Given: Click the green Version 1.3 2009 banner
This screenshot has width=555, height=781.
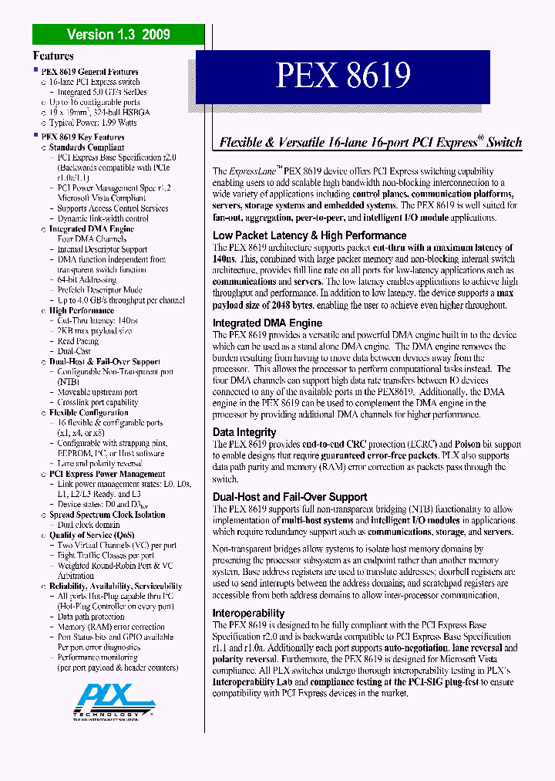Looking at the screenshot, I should [x=118, y=34].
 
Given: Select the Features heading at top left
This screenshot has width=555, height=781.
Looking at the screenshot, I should [x=53, y=56].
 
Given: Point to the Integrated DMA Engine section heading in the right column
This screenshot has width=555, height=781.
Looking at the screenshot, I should [x=267, y=323].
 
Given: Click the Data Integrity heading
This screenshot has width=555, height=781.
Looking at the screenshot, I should [x=244, y=433].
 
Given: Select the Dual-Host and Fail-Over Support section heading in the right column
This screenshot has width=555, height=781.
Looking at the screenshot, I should [x=290, y=497].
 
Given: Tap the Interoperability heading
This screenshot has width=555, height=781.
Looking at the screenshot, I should [x=249, y=614].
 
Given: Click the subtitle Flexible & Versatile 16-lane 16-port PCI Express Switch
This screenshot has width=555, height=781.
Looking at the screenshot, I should [x=371, y=142].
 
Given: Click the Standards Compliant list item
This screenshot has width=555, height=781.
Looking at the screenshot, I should [x=86, y=147].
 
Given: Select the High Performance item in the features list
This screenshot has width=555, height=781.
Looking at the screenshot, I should [x=82, y=310].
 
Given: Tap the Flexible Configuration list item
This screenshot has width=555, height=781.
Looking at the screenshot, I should [x=89, y=412].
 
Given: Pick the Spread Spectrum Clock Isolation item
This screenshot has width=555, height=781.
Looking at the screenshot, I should [x=107, y=515].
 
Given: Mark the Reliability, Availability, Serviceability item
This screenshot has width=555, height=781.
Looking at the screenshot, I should [x=116, y=586].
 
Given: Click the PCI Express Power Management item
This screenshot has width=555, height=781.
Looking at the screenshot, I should [x=107, y=474].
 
